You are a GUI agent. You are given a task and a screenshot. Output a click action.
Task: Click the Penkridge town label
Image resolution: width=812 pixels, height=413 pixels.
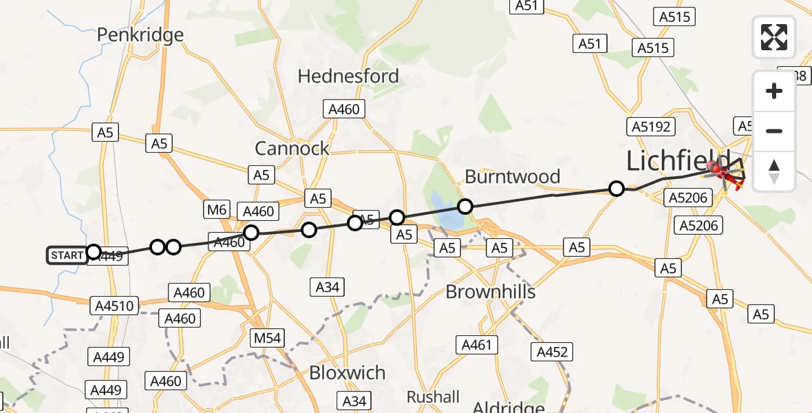(140, 35)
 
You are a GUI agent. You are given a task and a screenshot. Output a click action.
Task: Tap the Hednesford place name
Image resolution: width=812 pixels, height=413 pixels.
(348, 76)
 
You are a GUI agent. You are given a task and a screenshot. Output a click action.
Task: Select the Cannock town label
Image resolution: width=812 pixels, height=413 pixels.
(292, 148)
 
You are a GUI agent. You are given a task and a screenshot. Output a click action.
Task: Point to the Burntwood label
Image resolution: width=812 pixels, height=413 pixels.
(513, 177)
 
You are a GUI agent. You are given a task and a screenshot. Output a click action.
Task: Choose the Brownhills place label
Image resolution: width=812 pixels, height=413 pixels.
(491, 292)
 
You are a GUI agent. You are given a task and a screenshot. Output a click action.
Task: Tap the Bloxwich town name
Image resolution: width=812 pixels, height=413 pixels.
(348, 373)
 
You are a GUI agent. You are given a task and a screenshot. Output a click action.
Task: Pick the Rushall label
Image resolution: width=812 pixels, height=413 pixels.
(433, 397)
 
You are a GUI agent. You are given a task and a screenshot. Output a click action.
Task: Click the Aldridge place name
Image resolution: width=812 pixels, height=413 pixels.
(510, 406)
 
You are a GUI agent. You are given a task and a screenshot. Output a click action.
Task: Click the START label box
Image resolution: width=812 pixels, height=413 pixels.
(67, 255)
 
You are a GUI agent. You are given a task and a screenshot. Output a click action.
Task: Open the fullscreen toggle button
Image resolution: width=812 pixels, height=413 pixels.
(774, 37)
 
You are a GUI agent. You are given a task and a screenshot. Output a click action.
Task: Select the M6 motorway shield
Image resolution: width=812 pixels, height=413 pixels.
(215, 209)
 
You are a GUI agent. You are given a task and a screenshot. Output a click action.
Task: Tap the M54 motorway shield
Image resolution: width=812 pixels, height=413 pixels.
(266, 337)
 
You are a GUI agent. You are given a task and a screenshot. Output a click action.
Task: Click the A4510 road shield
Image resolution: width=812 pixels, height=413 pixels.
(114, 304)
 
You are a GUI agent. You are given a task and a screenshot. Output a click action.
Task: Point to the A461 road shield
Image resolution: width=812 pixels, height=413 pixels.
(477, 344)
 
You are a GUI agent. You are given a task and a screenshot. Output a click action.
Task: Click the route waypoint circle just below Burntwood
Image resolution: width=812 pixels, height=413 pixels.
(465, 206)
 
